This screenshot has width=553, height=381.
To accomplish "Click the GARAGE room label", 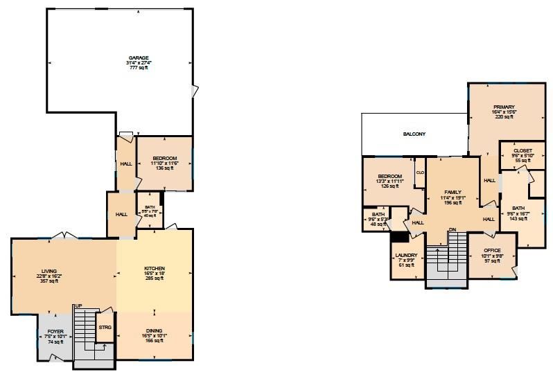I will [x=139, y=57].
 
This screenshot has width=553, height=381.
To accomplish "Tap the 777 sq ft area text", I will [x=139, y=68].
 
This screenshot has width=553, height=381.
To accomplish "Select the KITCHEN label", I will [x=154, y=269].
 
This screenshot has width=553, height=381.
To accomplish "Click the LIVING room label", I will [x=49, y=271].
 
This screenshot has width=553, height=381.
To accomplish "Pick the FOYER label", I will [x=55, y=332].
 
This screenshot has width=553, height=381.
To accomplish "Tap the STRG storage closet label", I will [x=105, y=326].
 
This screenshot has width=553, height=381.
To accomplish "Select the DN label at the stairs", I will [x=452, y=229].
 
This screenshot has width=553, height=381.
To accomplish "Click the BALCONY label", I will [x=414, y=134].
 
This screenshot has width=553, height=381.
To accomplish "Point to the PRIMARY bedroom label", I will [x=504, y=107].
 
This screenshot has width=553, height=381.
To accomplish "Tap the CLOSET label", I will [x=523, y=151].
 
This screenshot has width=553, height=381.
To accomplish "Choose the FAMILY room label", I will [x=452, y=193].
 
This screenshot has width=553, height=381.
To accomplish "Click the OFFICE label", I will [x=492, y=251].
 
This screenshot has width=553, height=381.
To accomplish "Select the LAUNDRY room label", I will [x=405, y=256].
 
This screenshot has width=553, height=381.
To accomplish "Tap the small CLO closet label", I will [x=420, y=172].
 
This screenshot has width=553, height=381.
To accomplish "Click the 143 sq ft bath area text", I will [x=518, y=218].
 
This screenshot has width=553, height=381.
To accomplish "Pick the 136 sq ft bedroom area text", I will [x=165, y=168].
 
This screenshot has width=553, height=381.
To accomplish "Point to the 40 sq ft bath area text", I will [x=150, y=215].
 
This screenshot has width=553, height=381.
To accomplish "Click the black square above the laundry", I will [x=400, y=236].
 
